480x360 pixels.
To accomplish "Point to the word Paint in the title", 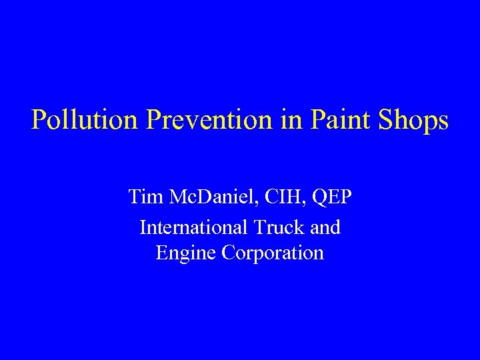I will coord(341,121).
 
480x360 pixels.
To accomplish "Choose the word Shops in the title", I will coord(413,121).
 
